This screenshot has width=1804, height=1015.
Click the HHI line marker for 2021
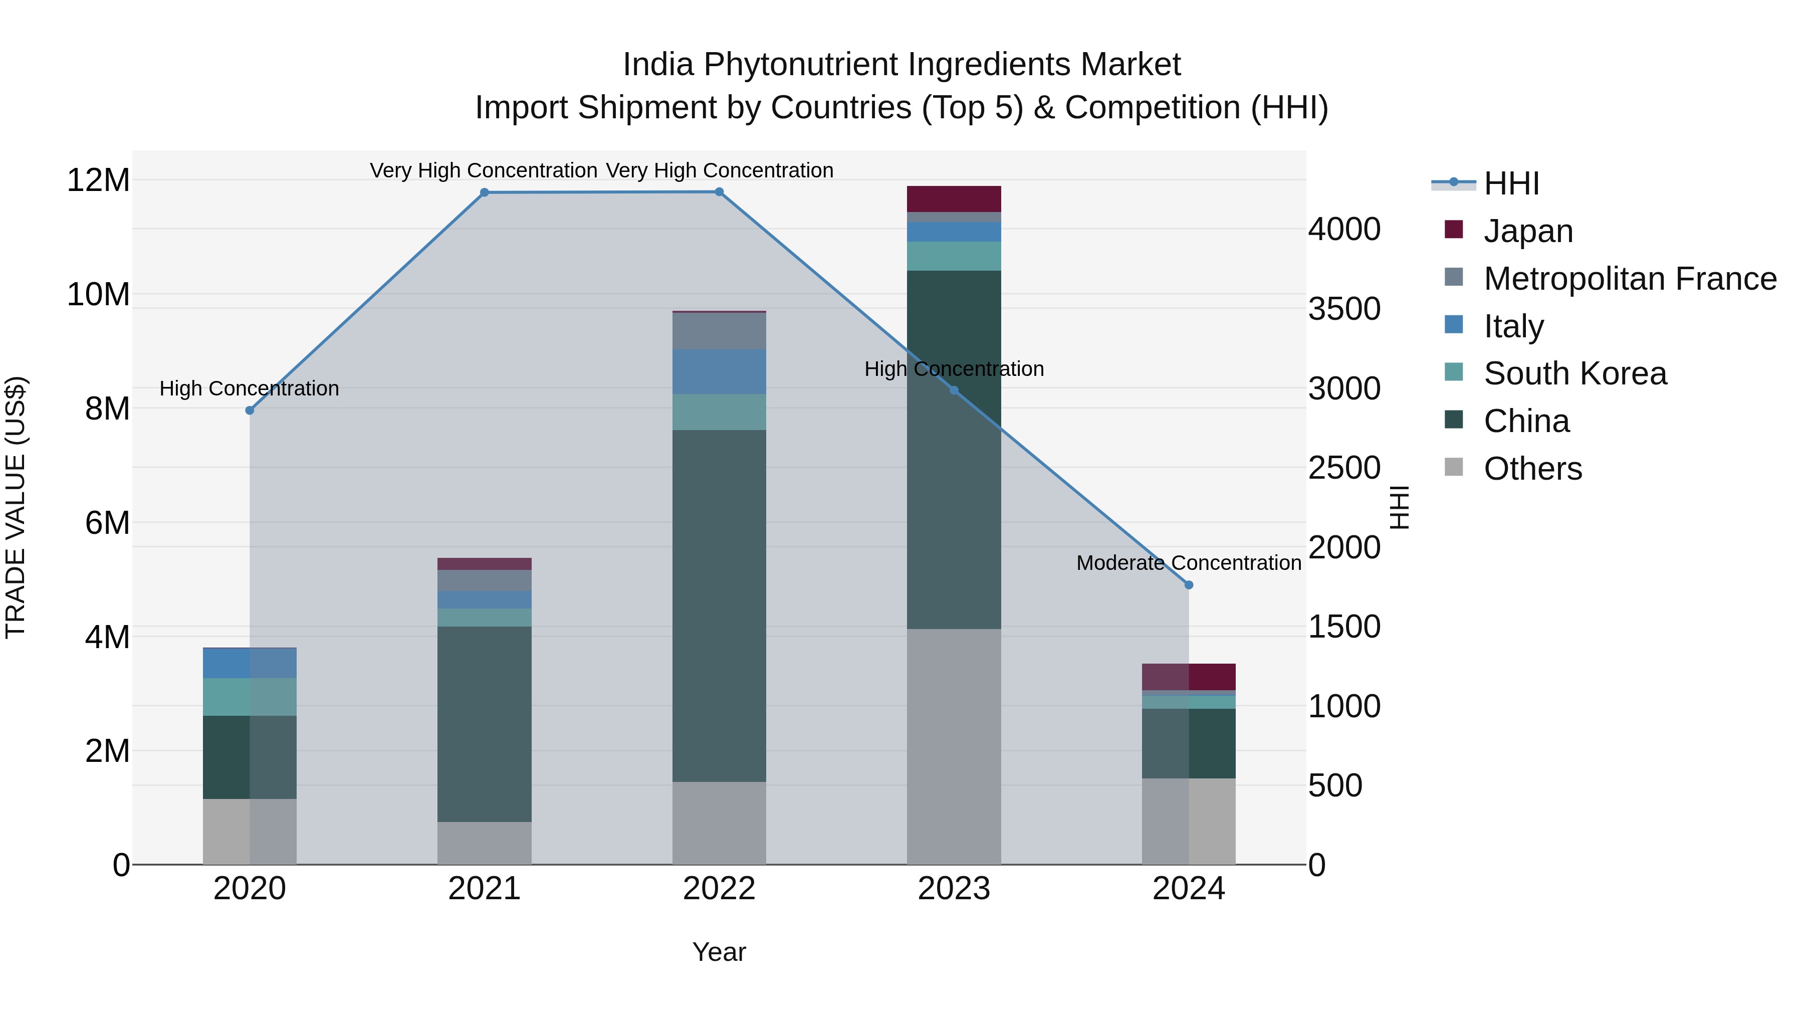(x=484, y=192)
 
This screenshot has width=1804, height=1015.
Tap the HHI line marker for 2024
(x=1189, y=585)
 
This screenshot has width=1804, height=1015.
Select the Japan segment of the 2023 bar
(x=954, y=199)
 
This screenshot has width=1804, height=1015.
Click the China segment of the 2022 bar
(x=719, y=606)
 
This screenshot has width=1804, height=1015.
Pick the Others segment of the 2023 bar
(x=954, y=746)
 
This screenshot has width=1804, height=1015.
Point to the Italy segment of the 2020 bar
(x=250, y=663)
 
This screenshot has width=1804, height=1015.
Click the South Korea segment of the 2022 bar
(x=719, y=412)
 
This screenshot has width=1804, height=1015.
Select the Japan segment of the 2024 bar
(x=1189, y=677)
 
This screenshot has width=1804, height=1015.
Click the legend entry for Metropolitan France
(x=1630, y=279)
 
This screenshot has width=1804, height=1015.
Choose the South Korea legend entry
(x=1575, y=373)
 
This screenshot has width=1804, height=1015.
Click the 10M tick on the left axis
(x=98, y=295)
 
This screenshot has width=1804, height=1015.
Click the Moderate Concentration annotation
(x=1189, y=562)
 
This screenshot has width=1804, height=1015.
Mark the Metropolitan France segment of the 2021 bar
(x=484, y=580)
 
